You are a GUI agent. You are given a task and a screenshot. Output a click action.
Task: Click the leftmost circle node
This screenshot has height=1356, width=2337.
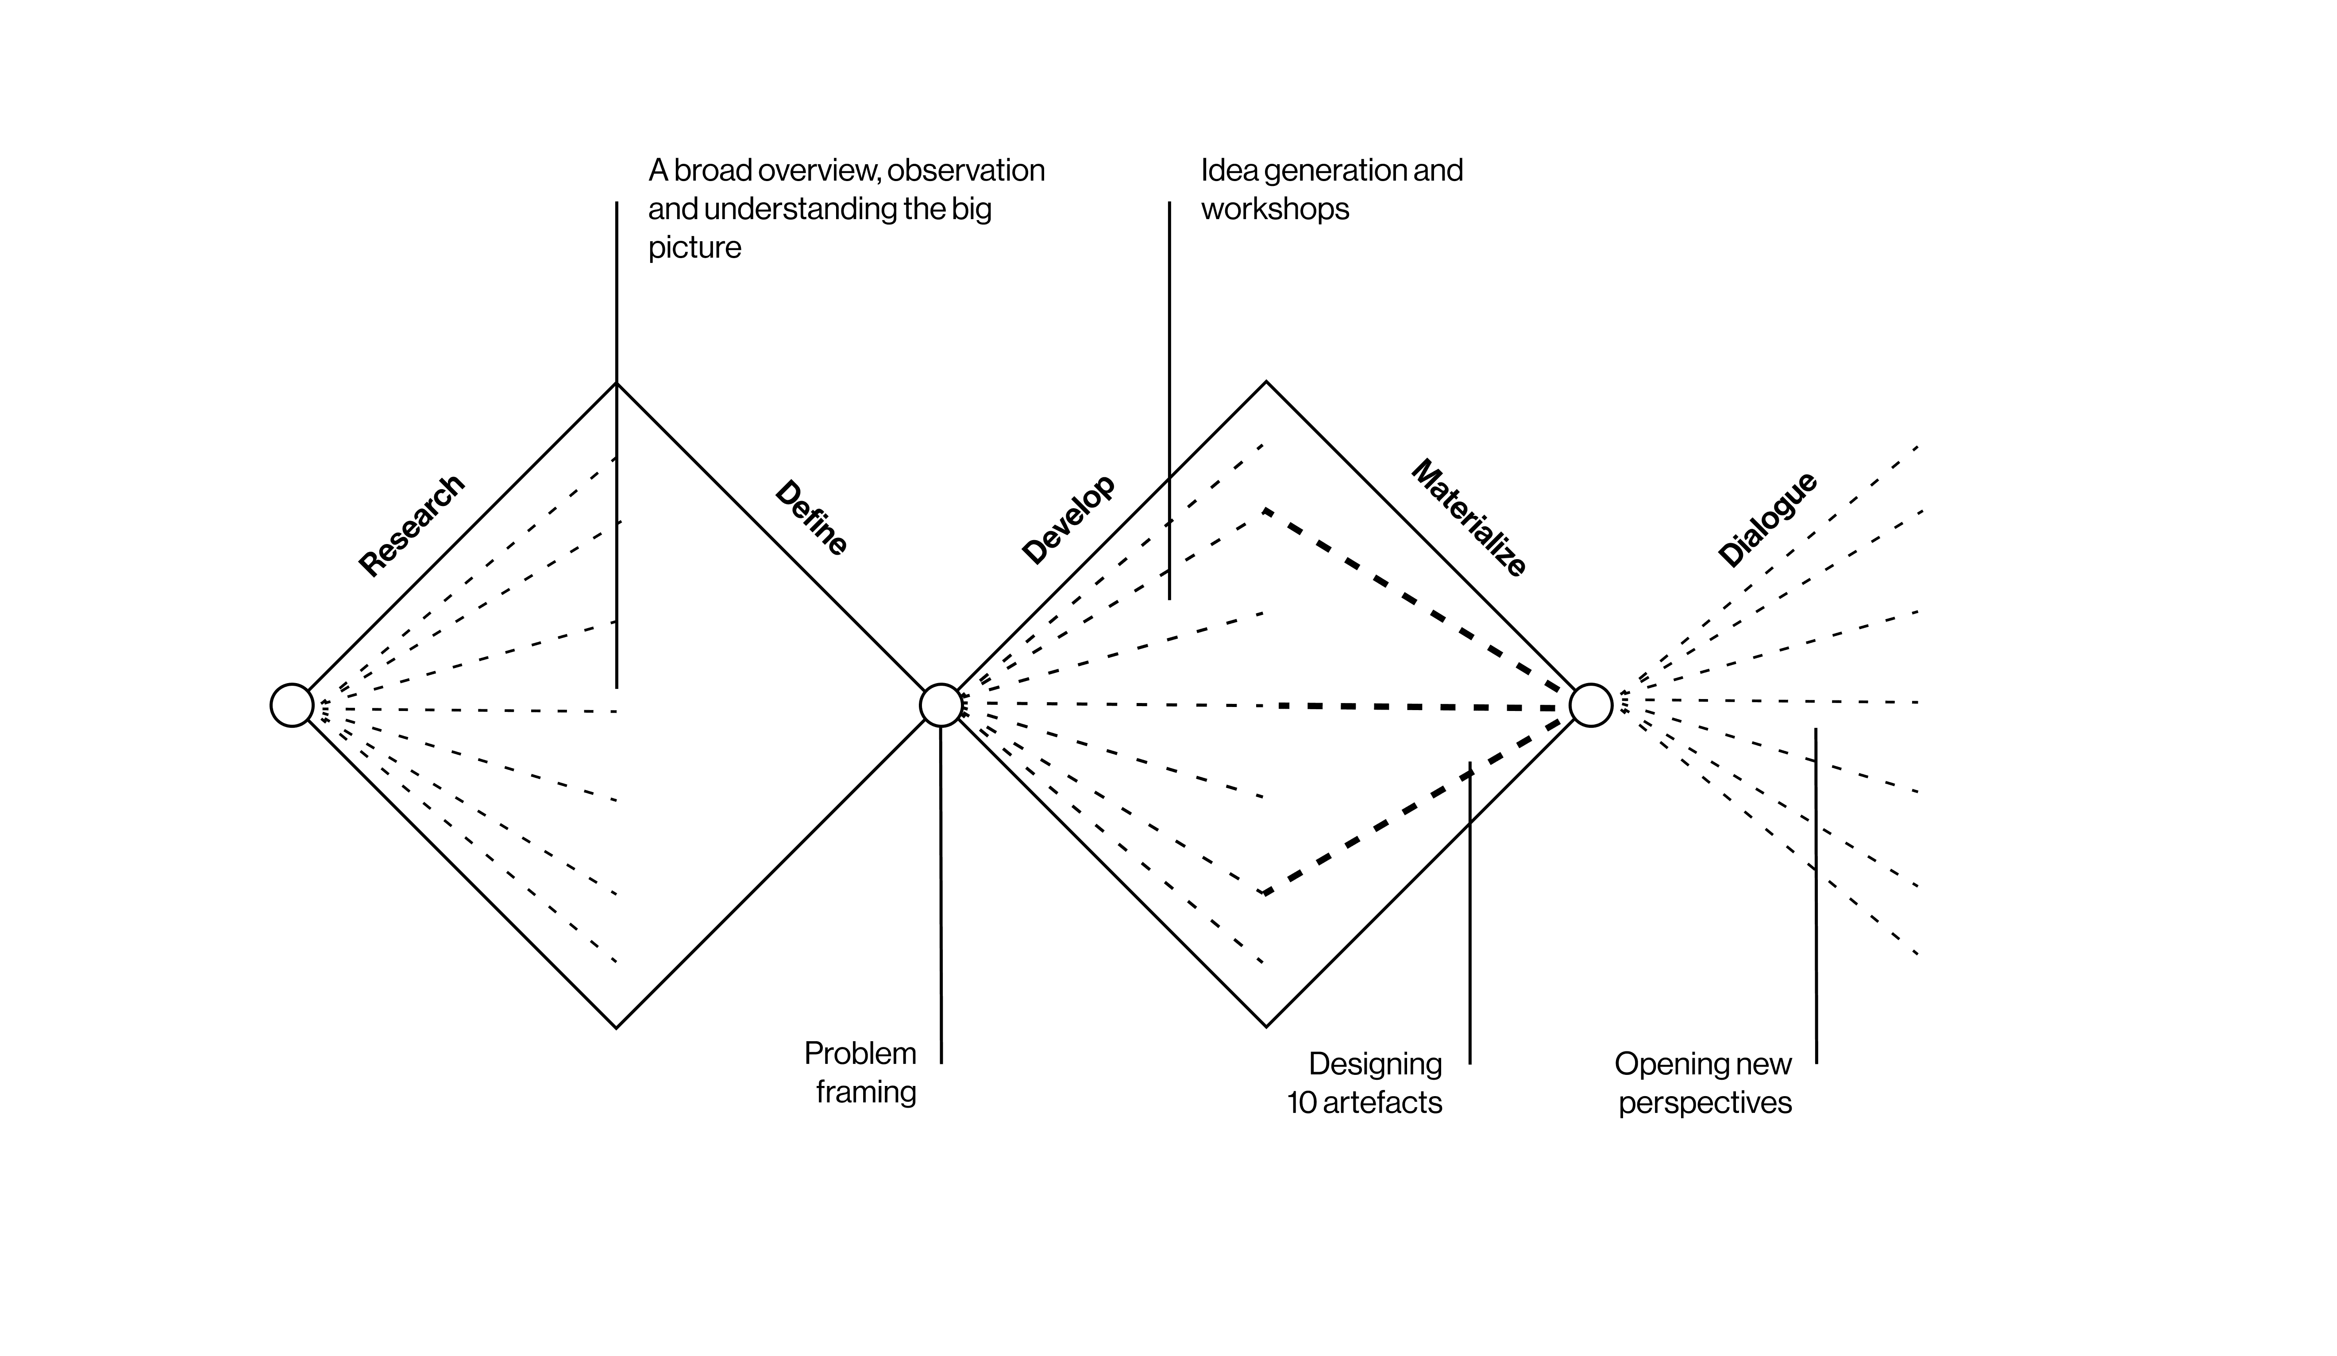[x=292, y=705]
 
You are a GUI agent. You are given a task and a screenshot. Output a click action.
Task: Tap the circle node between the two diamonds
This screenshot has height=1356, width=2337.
[x=941, y=705]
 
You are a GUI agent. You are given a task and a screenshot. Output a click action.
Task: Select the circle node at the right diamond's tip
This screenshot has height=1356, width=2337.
[x=1591, y=705]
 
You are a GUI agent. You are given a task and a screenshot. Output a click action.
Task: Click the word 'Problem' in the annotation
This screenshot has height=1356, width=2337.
[x=860, y=1054]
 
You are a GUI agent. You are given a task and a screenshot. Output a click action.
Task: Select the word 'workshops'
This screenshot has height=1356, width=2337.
[x=1275, y=209]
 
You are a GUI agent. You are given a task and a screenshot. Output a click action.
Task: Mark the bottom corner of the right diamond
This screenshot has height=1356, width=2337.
[x=1266, y=1027]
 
